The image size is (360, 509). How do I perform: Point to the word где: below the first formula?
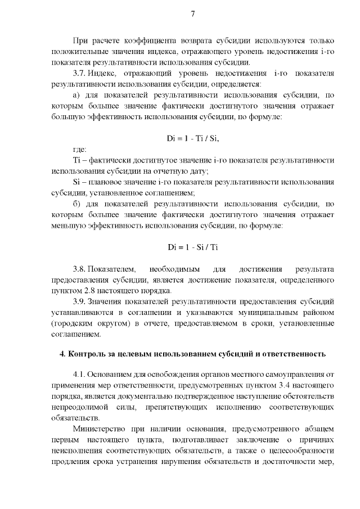coord(79,149)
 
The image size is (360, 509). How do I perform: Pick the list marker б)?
coord(78,204)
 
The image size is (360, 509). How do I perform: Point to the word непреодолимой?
coord(80,408)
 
